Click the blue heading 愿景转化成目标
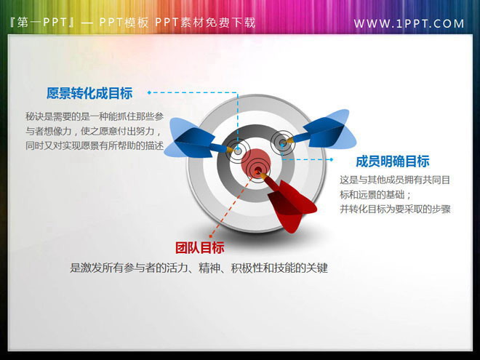click(89, 93)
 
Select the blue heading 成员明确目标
click(392, 161)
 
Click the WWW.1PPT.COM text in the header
click(409, 23)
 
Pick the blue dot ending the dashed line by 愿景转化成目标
click(149, 93)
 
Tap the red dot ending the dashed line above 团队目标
click(212, 236)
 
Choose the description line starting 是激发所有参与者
click(199, 268)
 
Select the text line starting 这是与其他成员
click(396, 180)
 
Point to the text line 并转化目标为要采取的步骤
click(396, 209)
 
